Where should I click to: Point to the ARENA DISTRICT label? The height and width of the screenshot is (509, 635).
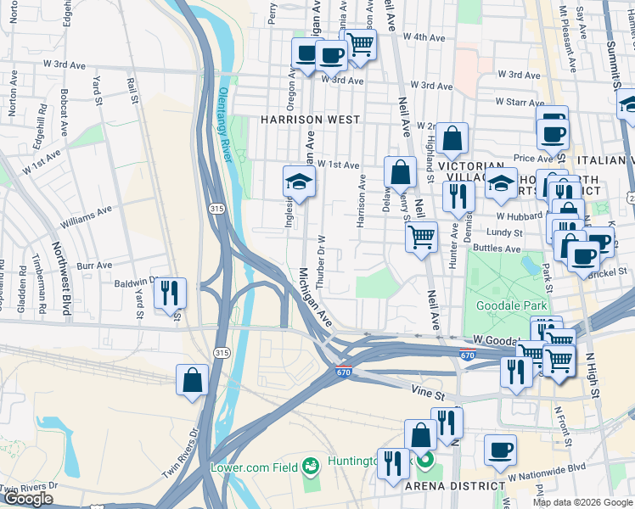[455, 485]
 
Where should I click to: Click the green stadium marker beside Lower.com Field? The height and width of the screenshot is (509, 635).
[312, 464]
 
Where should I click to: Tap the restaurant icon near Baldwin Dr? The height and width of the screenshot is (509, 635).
[170, 293]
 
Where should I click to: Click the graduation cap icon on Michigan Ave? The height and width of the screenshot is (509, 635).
[298, 181]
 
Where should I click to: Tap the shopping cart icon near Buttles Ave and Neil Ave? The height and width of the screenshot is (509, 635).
[420, 237]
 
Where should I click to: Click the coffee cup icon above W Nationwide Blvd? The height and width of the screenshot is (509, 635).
[500, 450]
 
